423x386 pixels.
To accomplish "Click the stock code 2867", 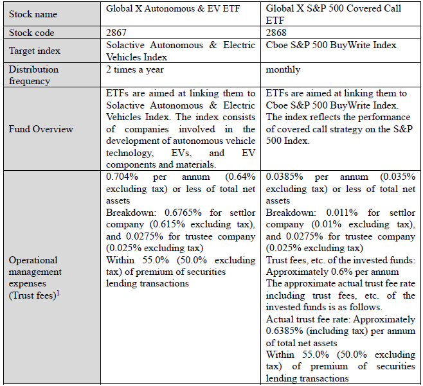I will [x=118, y=32].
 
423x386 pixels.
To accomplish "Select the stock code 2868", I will [x=276, y=32].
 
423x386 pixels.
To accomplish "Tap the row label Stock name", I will [x=33, y=13].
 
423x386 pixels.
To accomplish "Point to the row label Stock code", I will [x=32, y=32].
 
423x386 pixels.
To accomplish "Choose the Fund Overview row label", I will [x=40, y=129].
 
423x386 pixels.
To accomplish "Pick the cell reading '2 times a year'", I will [x=136, y=69].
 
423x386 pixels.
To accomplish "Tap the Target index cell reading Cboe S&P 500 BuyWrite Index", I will [x=331, y=45].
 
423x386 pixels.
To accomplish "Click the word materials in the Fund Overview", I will [x=196, y=164].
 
